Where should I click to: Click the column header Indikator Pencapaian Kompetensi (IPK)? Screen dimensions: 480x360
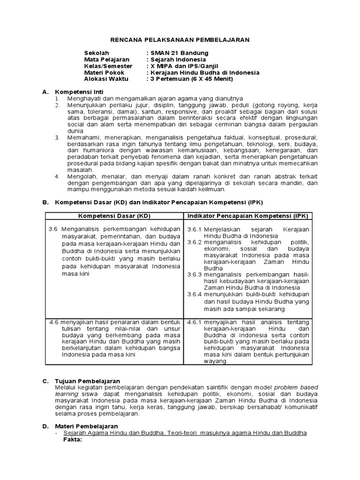(248, 216)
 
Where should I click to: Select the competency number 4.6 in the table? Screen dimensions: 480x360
(54, 322)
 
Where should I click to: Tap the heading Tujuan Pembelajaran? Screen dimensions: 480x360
(88, 381)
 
